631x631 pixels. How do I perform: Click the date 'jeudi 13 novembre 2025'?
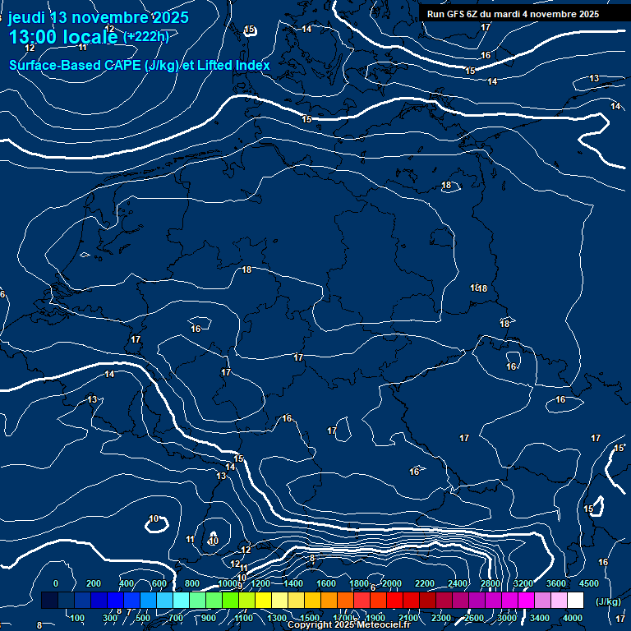[98, 17]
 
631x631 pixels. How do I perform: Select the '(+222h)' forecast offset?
[146, 37]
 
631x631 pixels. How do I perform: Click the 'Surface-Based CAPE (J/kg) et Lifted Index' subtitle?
[140, 65]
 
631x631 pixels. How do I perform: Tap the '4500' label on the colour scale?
[589, 583]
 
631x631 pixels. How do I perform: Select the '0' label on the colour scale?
[55, 583]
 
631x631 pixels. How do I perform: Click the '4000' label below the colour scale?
[573, 618]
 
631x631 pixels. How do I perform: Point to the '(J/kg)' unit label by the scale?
[608, 601]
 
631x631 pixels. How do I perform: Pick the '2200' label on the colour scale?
[425, 583]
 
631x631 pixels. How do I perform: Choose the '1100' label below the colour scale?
[244, 618]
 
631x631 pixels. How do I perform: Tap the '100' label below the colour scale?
[77, 618]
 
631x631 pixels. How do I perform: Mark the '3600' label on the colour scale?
[556, 583]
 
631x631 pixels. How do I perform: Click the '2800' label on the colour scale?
[491, 583]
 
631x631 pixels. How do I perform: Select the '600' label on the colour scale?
[159, 583]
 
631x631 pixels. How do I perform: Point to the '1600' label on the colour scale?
[326, 583]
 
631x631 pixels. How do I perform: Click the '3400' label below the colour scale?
[540, 618]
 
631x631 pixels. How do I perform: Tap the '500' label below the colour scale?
[143, 618]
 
